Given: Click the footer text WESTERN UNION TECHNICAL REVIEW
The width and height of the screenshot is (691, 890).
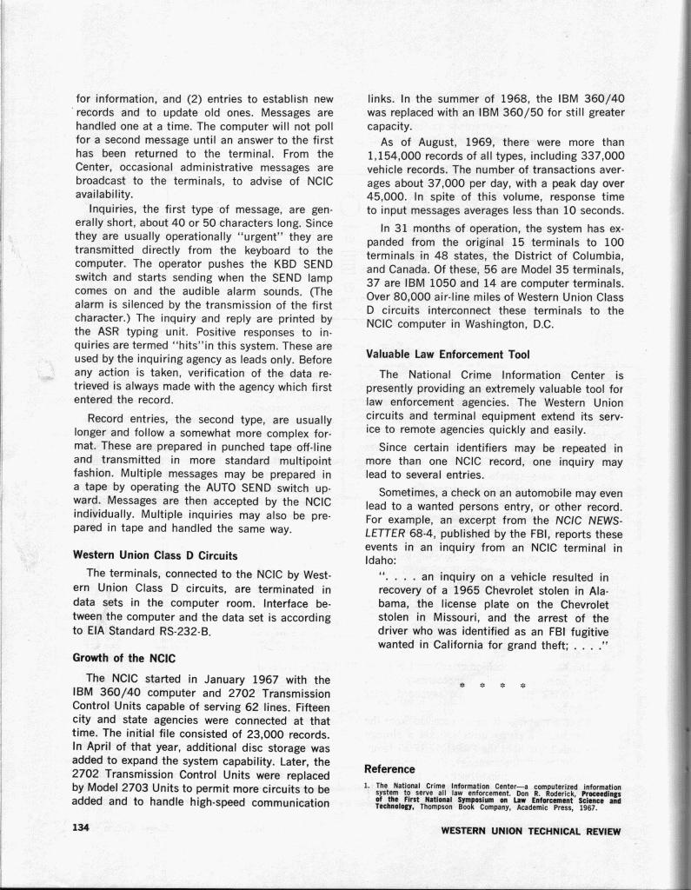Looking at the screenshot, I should (x=531, y=831).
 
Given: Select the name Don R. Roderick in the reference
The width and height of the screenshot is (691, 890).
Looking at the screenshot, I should (x=549, y=792).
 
